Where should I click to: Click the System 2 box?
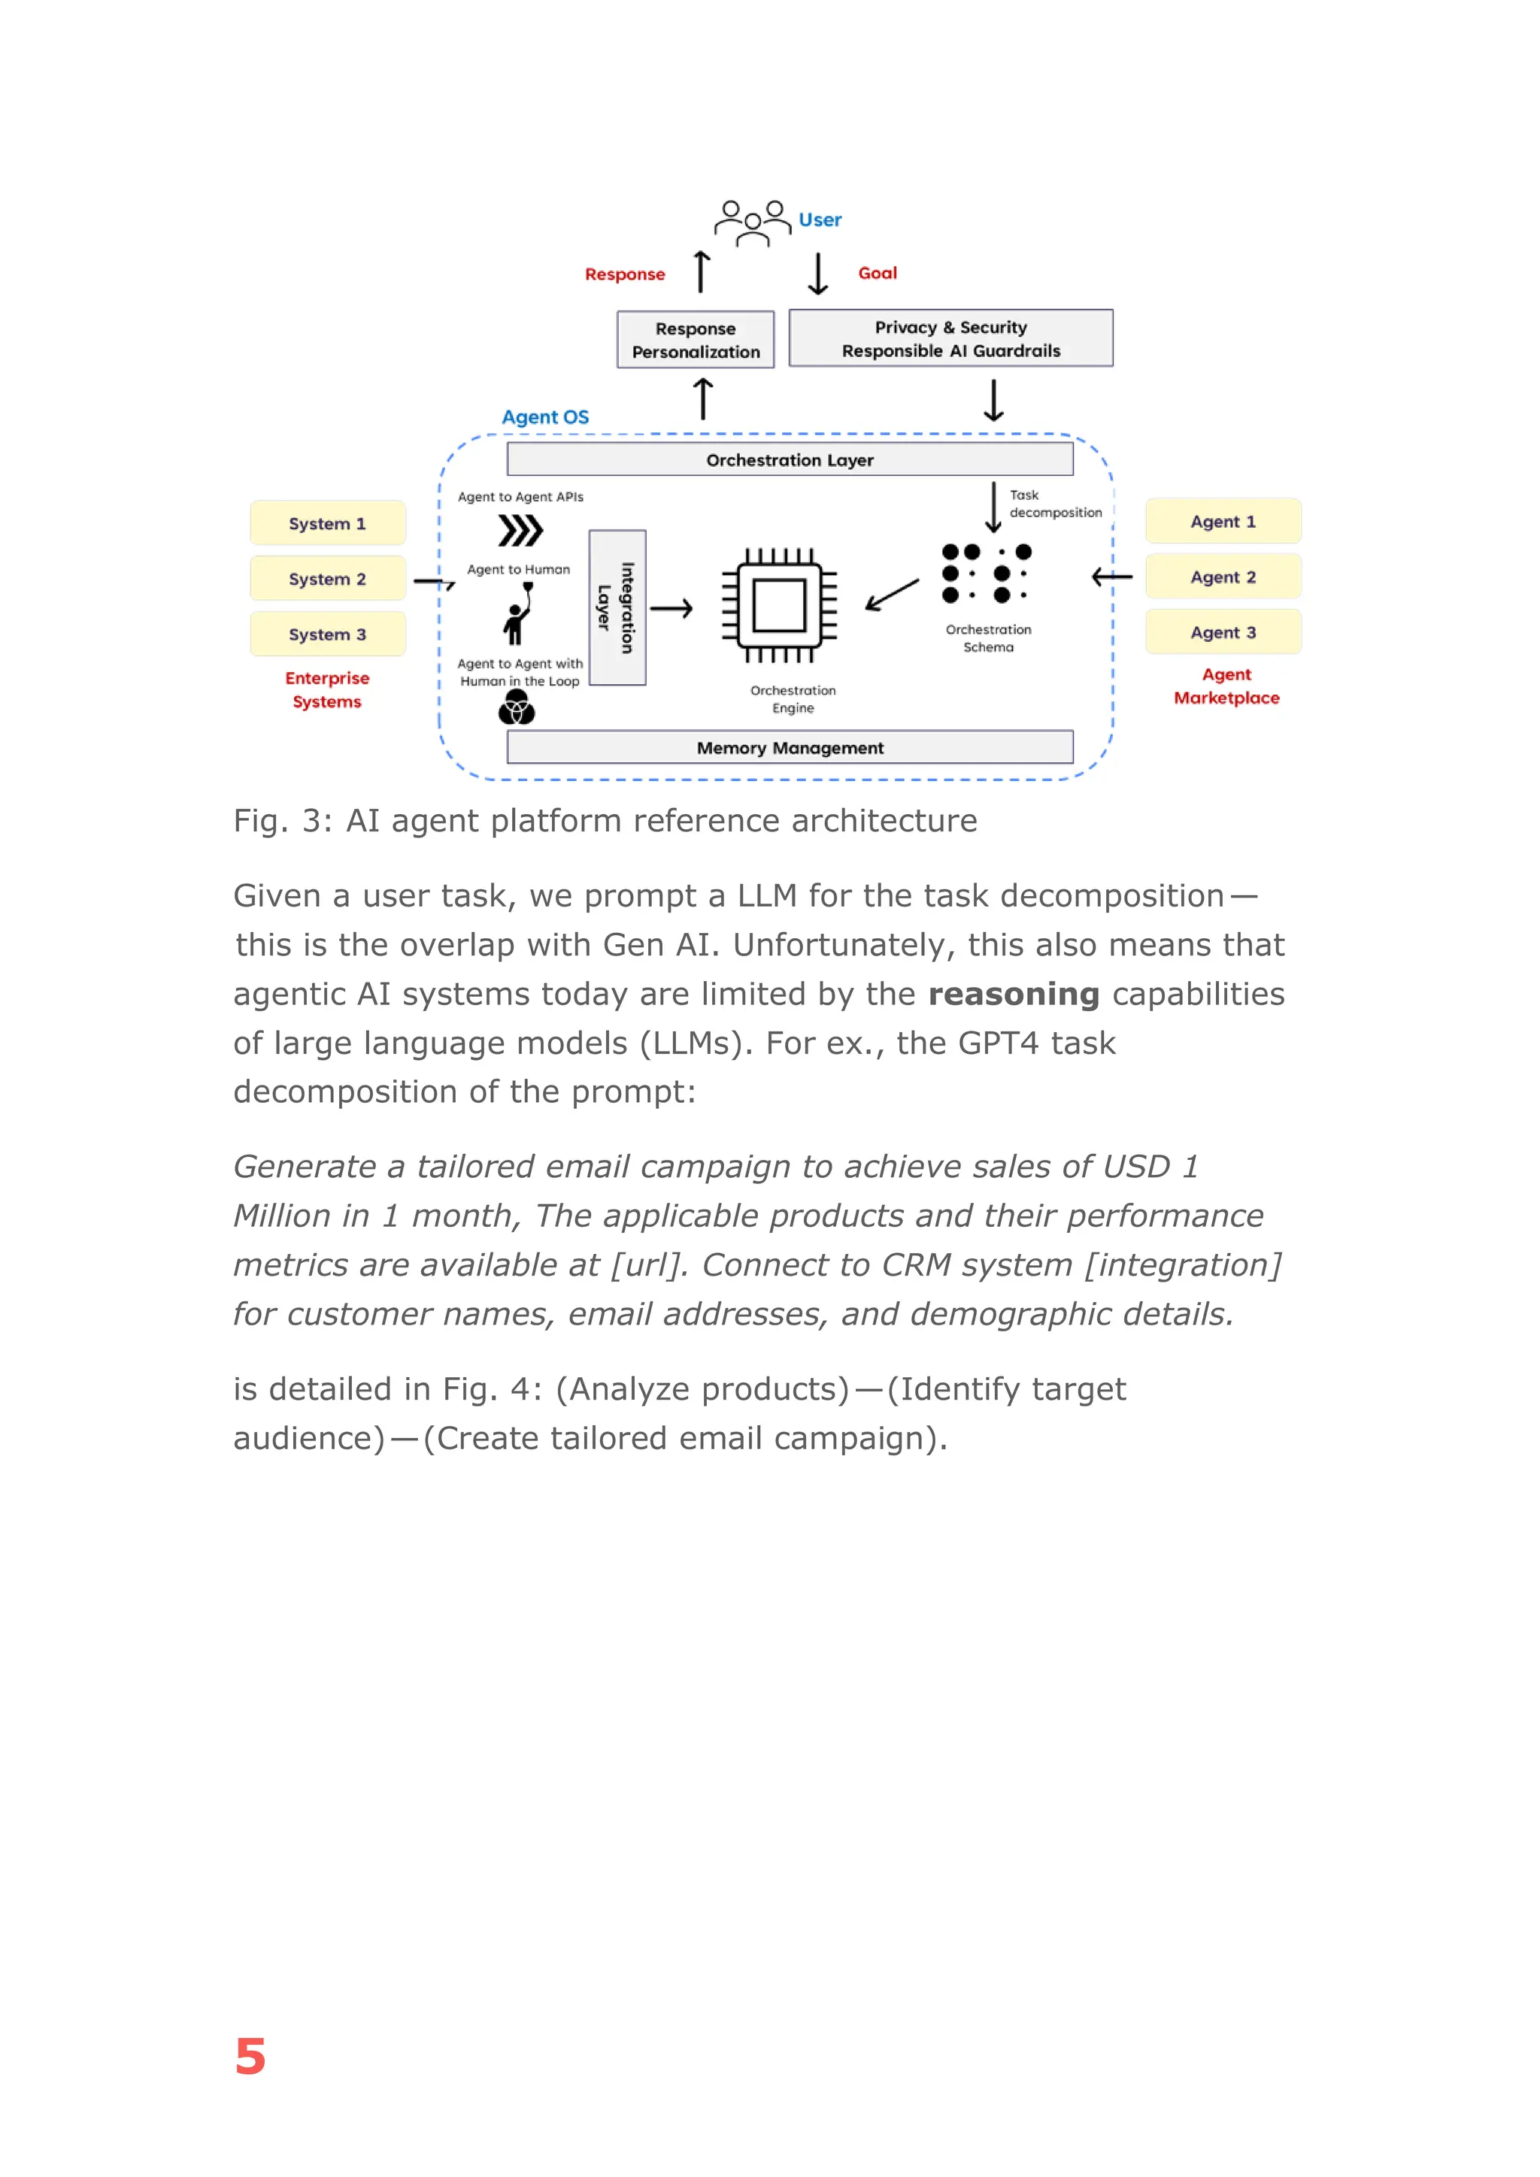(x=327, y=578)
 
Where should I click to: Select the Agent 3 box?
(x=1223, y=632)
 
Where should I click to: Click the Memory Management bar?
(x=790, y=747)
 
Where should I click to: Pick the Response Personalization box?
(x=695, y=340)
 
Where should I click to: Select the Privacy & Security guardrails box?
(x=950, y=338)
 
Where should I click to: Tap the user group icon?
(x=752, y=223)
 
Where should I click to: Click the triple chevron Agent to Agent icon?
(x=520, y=531)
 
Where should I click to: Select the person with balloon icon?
(x=519, y=613)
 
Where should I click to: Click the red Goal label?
(x=878, y=273)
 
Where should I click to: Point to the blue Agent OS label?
(x=545, y=417)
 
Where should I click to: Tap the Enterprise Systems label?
(x=327, y=689)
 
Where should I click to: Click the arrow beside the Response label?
(x=702, y=272)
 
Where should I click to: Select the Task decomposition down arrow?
(x=993, y=507)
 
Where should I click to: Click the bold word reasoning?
(x=1013, y=994)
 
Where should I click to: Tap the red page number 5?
(x=250, y=2056)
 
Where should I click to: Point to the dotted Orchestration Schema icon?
(x=987, y=574)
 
